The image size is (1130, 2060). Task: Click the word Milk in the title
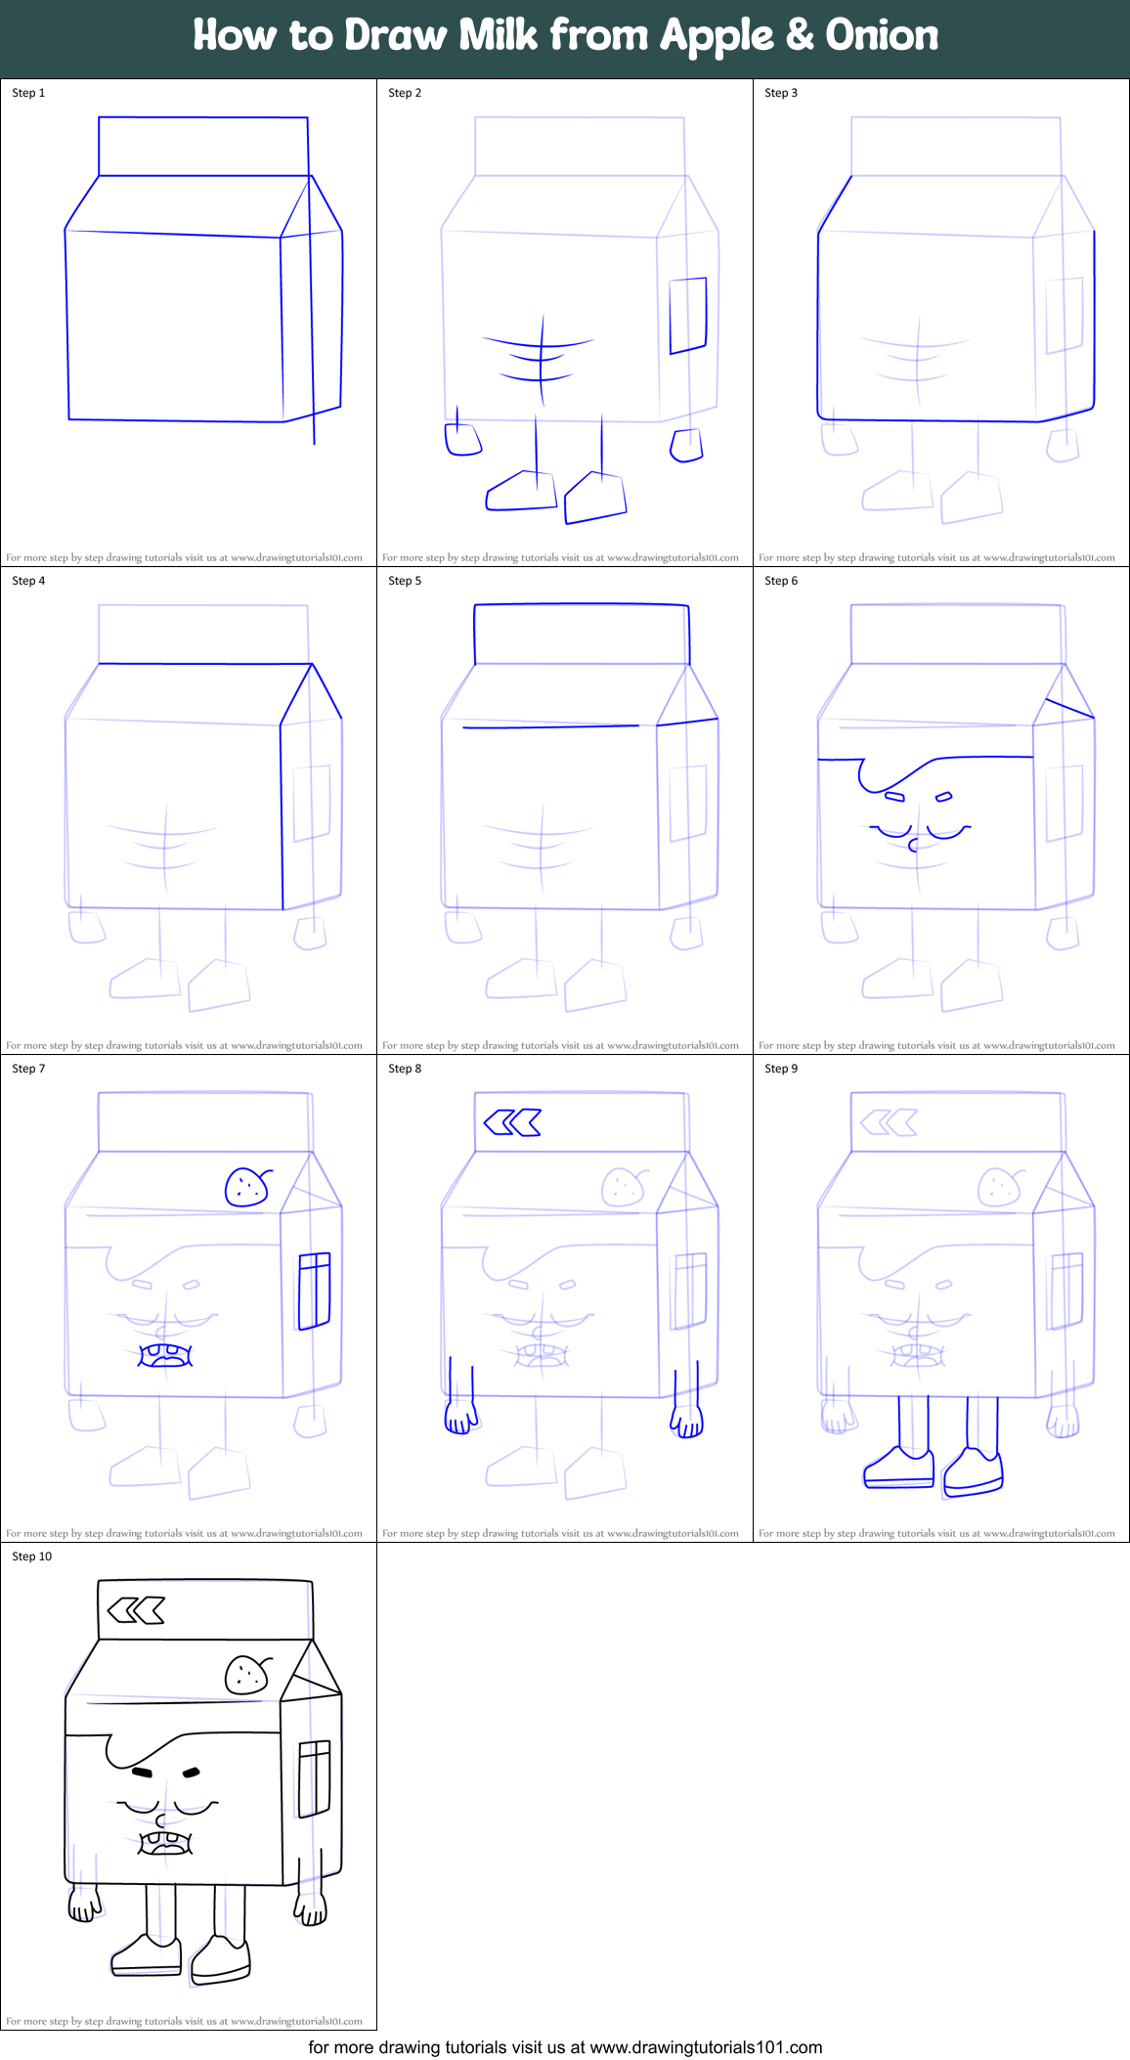click(x=499, y=35)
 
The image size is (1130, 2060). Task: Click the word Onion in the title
click(x=882, y=35)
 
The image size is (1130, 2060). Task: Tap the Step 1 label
click(x=28, y=93)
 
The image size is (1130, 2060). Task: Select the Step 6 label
click(x=781, y=581)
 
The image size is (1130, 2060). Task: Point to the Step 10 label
click(x=32, y=1556)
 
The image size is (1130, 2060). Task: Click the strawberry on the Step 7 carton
click(x=246, y=1187)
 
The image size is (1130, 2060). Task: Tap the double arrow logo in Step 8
click(x=512, y=1122)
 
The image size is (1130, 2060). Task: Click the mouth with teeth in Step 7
click(x=165, y=1355)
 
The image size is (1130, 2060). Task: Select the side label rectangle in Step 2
click(x=688, y=315)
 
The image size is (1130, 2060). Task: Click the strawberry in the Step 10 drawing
click(x=246, y=1675)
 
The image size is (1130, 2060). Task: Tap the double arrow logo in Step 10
click(x=136, y=1610)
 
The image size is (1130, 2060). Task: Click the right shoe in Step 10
click(x=221, y=1957)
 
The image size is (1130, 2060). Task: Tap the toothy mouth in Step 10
click(x=165, y=1843)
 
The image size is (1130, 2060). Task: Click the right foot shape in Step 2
click(x=595, y=498)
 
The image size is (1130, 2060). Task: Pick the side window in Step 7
click(x=314, y=1291)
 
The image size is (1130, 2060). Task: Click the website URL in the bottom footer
click(x=706, y=2047)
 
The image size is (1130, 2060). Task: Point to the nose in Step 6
click(x=913, y=844)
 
